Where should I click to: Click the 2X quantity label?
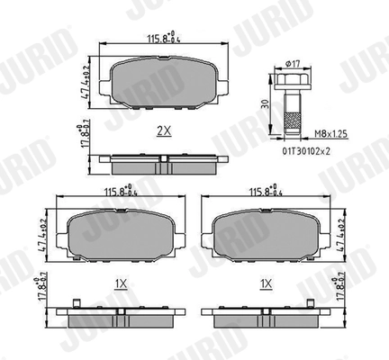pos(164,130)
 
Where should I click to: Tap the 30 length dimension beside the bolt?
pos(265,103)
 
